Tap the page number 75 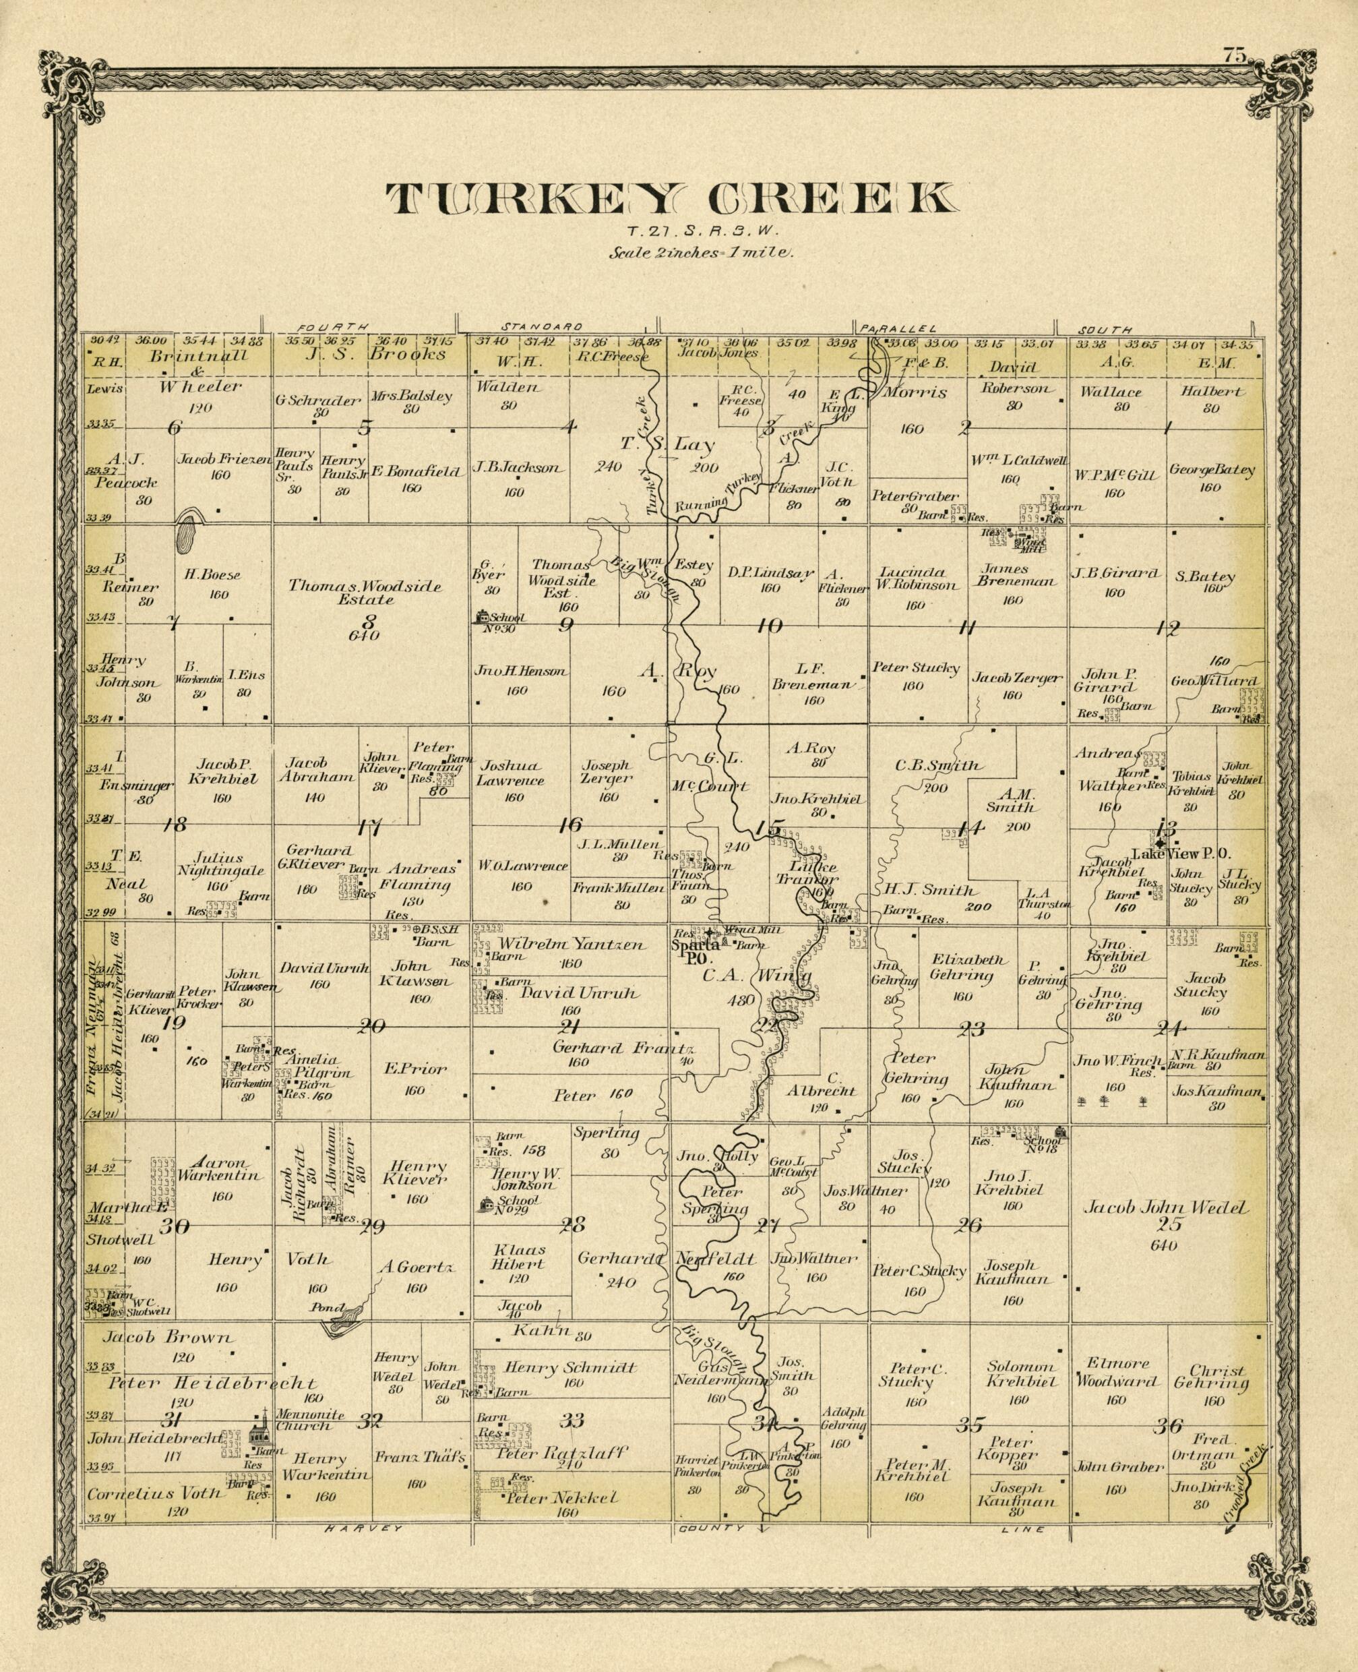coord(1235,55)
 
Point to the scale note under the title coord(702,253)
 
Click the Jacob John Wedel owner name coord(1165,1207)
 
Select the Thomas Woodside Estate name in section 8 coord(365,593)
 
